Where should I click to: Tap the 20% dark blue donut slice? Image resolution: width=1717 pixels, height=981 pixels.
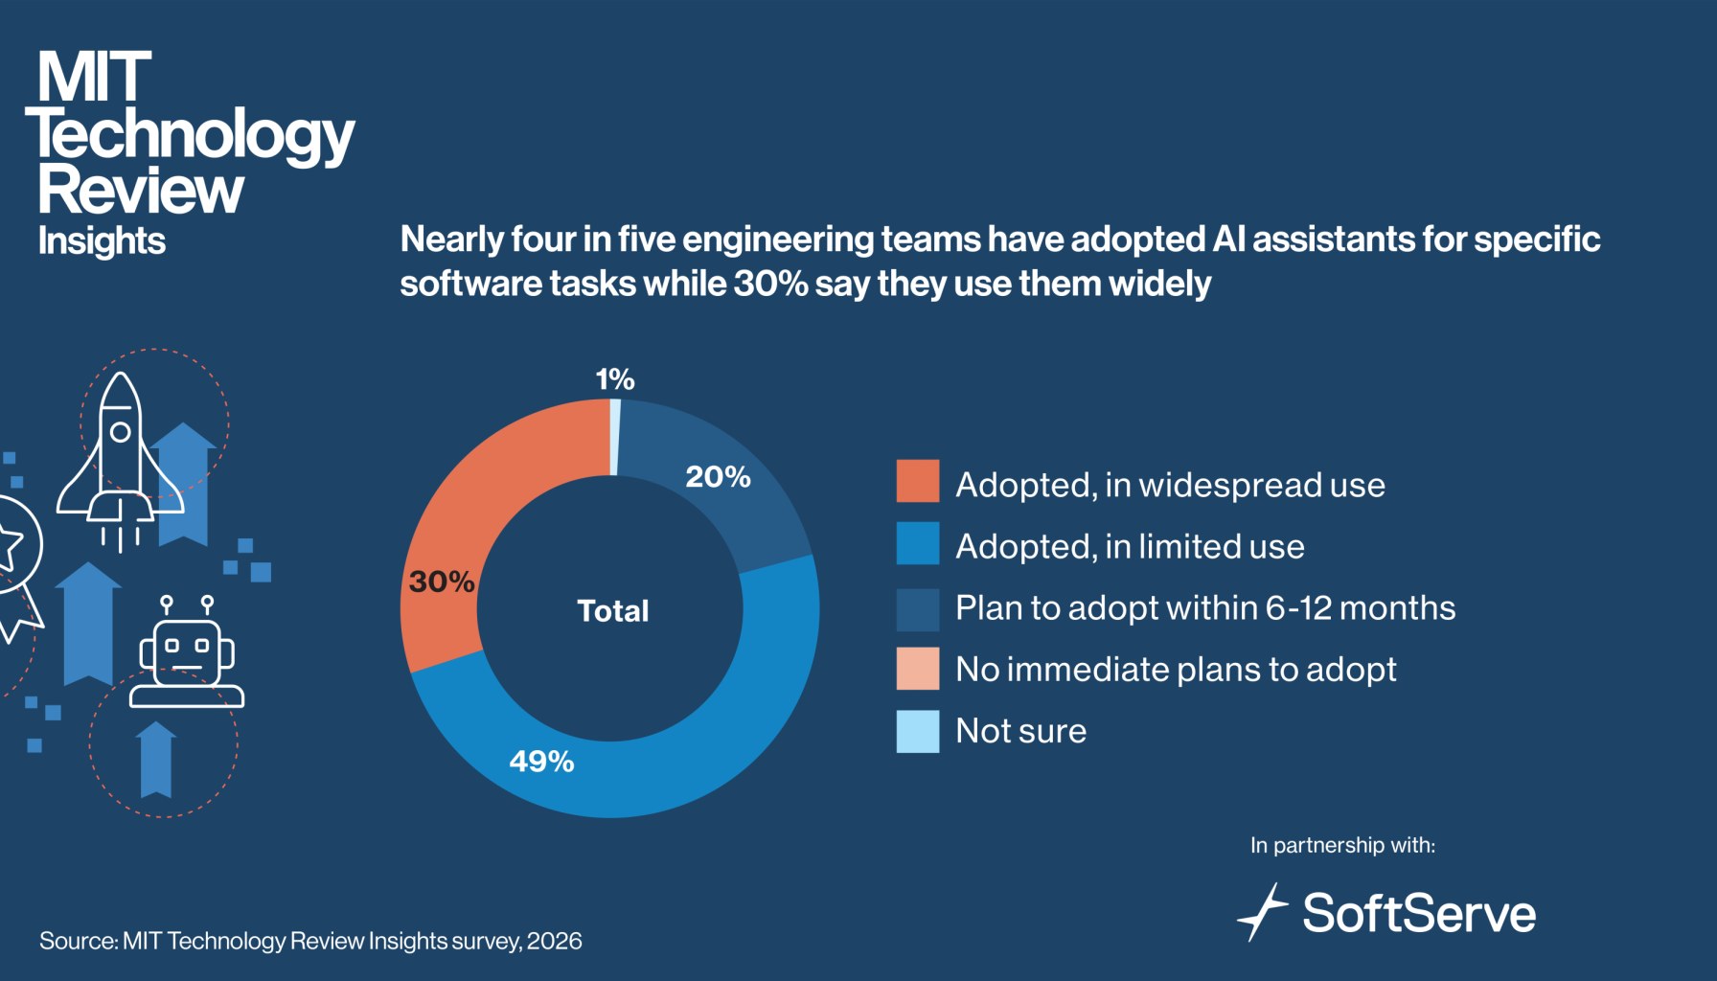click(x=728, y=479)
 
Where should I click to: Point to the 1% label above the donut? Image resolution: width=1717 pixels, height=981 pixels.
click(x=614, y=379)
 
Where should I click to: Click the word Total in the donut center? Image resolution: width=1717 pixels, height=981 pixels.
click(x=613, y=610)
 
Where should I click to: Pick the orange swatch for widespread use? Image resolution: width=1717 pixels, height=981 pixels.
click(x=917, y=481)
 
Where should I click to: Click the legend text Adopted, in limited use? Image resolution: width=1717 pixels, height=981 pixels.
click(x=1130, y=546)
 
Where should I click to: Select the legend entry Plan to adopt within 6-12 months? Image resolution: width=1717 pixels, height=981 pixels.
click(x=1204, y=607)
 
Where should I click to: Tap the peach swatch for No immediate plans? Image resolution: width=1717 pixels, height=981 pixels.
click(x=917, y=669)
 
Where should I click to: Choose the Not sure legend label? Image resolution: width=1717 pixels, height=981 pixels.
click(x=1020, y=731)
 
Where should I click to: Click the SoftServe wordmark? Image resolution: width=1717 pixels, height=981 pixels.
click(x=1418, y=913)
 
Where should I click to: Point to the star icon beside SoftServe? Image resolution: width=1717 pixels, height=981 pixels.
click(x=1263, y=912)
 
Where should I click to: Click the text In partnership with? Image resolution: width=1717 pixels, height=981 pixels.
click(x=1342, y=845)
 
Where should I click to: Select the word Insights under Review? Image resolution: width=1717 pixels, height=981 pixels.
click(x=102, y=240)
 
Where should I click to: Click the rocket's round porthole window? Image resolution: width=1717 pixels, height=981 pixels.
click(x=121, y=432)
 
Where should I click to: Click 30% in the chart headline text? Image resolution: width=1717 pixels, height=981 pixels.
click(x=770, y=284)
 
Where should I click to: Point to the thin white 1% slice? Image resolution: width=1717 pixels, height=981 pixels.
click(x=615, y=437)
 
